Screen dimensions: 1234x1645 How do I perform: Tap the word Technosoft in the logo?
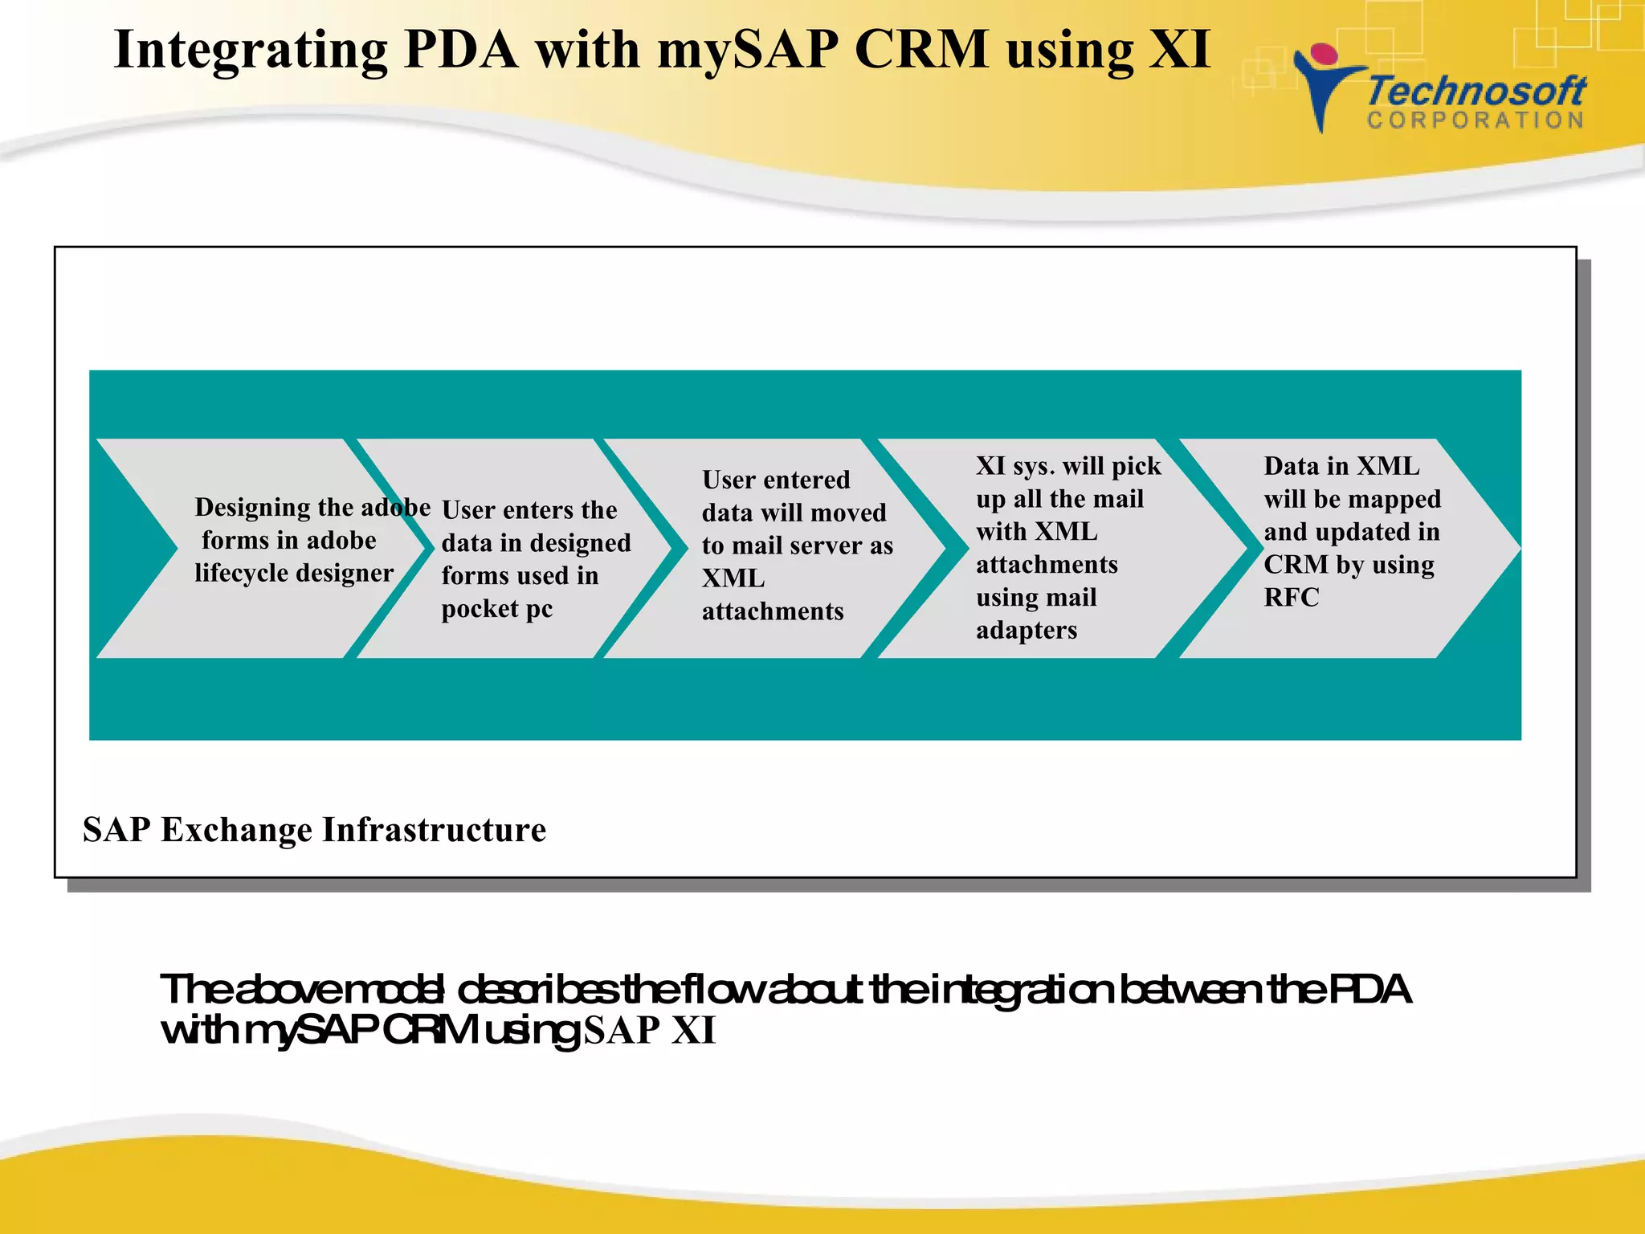coord(1476,91)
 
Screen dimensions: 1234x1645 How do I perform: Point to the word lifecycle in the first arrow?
coord(242,573)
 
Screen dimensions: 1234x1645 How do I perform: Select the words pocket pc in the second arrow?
coord(496,609)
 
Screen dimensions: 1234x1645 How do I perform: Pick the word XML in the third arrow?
coord(733,578)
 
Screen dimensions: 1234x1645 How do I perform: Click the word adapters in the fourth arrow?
coord(1027,630)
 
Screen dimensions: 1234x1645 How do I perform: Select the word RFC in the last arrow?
coord(1291,598)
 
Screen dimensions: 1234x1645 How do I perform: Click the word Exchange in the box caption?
coord(236,830)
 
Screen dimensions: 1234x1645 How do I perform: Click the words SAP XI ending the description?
coord(649,1031)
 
